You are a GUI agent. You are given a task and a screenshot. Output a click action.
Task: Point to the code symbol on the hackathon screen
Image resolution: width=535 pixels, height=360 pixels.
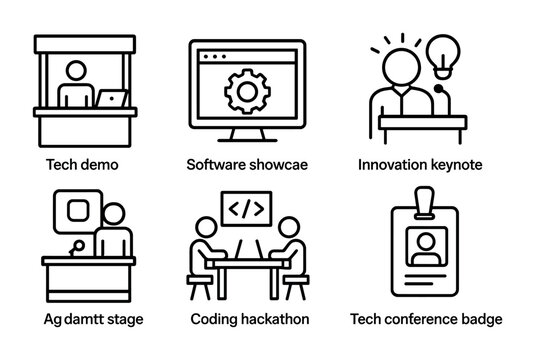point(246,211)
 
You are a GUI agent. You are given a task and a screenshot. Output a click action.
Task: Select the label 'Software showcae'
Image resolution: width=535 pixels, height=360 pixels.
point(246,163)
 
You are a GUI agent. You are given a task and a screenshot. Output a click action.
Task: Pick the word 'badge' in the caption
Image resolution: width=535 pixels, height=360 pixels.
point(483,320)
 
